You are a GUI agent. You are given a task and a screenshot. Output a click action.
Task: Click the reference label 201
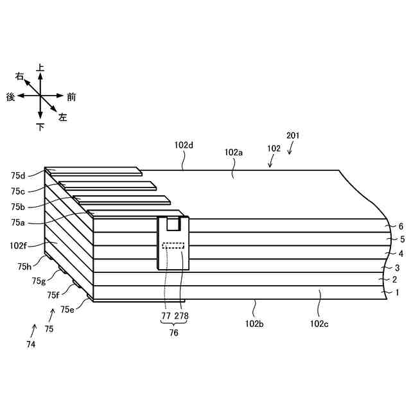click(x=293, y=136)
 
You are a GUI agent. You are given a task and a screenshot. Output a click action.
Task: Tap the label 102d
click(x=184, y=145)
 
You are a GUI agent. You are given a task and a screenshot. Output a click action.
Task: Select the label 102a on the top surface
click(x=234, y=153)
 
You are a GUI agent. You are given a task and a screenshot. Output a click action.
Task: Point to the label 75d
click(x=18, y=175)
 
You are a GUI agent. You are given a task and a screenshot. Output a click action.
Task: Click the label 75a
click(x=18, y=222)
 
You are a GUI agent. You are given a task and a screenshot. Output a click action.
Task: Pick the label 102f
click(x=19, y=245)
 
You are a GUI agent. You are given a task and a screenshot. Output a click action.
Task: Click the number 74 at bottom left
click(x=31, y=344)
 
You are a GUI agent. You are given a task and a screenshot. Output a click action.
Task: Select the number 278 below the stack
click(x=181, y=316)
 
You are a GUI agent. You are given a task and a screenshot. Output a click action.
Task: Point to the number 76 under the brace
click(x=173, y=333)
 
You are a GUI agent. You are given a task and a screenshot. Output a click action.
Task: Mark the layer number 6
click(x=401, y=227)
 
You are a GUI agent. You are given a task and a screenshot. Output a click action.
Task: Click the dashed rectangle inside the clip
click(x=173, y=245)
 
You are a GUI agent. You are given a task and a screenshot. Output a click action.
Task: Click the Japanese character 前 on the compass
click(x=71, y=97)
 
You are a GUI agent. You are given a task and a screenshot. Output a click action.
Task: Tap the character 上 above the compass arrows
click(x=40, y=67)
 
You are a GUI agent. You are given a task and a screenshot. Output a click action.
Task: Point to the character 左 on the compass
click(x=63, y=118)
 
